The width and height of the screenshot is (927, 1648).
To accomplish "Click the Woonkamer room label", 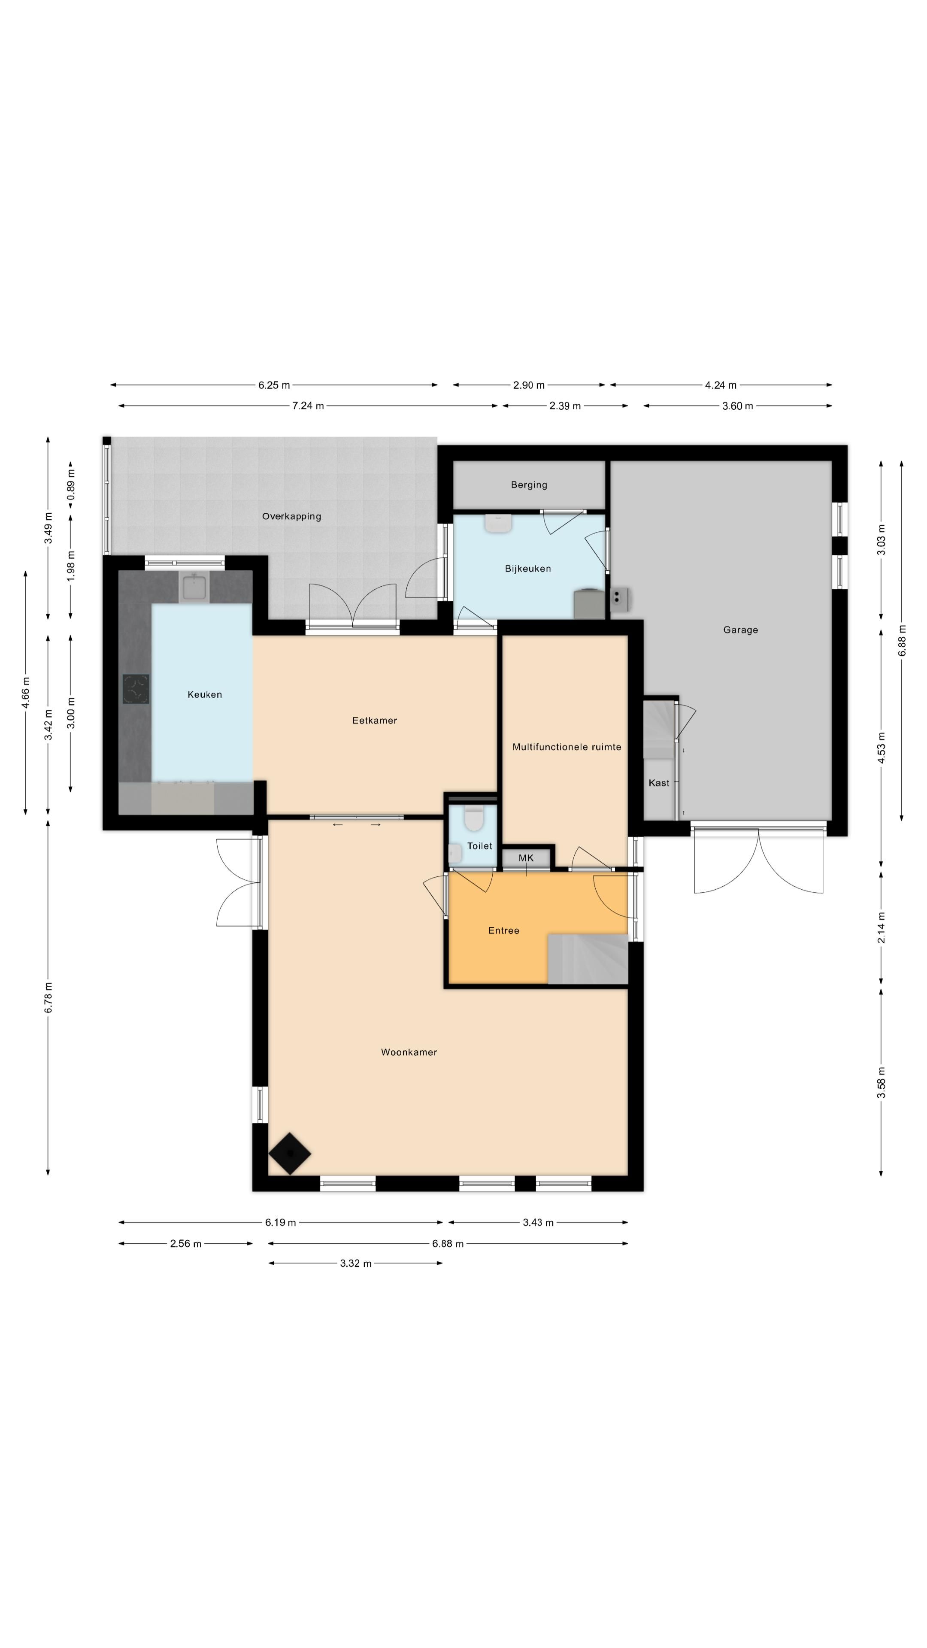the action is pos(409,1052).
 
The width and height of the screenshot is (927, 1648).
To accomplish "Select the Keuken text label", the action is pos(205,694).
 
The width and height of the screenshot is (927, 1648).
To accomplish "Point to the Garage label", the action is pos(741,630).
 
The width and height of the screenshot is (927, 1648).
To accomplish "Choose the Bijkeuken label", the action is pos(528,569).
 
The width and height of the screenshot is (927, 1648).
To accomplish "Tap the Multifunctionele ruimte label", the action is pos(567,747).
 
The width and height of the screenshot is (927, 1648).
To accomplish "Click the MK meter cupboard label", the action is pos(526,858).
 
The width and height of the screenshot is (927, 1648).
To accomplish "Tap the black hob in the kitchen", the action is pos(136,689).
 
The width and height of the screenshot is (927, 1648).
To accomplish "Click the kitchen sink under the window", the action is pos(194,587).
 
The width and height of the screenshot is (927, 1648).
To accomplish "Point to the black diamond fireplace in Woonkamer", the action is pos(290,1154).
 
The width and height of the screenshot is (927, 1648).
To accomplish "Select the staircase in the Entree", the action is pos(587,958).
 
